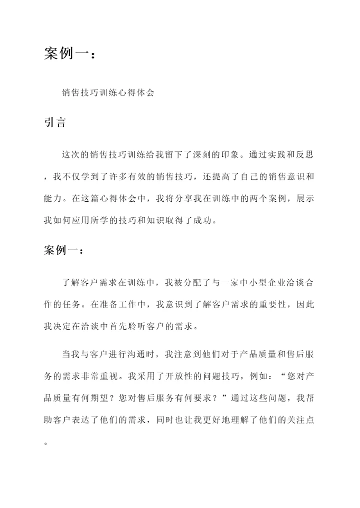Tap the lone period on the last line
tap(46, 443)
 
